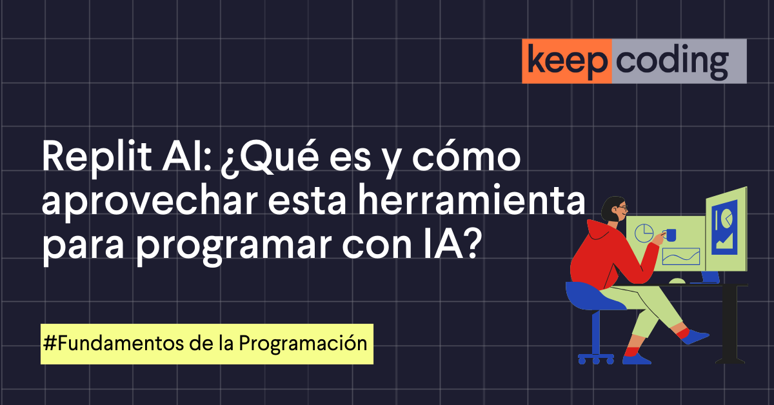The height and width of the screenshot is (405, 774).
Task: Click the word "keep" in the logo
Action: tap(566, 61)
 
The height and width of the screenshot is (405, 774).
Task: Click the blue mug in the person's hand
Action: tap(671, 235)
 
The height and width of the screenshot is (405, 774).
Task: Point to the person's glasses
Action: tap(621, 208)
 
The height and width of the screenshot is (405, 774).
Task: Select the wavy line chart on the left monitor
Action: tap(681, 257)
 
